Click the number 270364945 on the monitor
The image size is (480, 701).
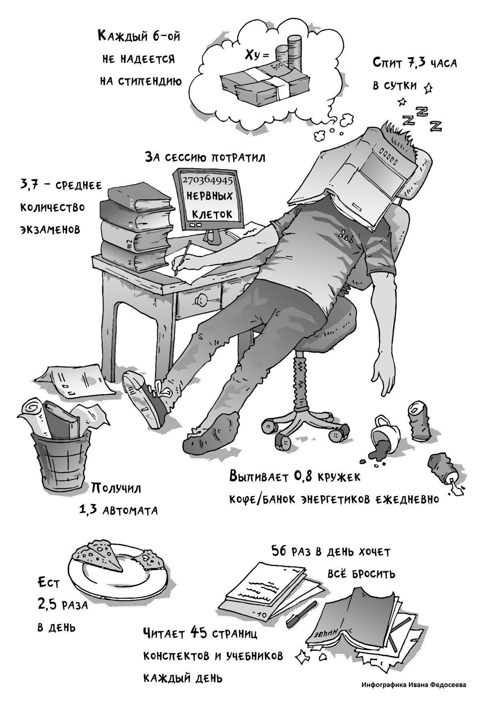(x=207, y=180)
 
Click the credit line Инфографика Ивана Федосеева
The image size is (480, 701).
(x=414, y=685)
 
